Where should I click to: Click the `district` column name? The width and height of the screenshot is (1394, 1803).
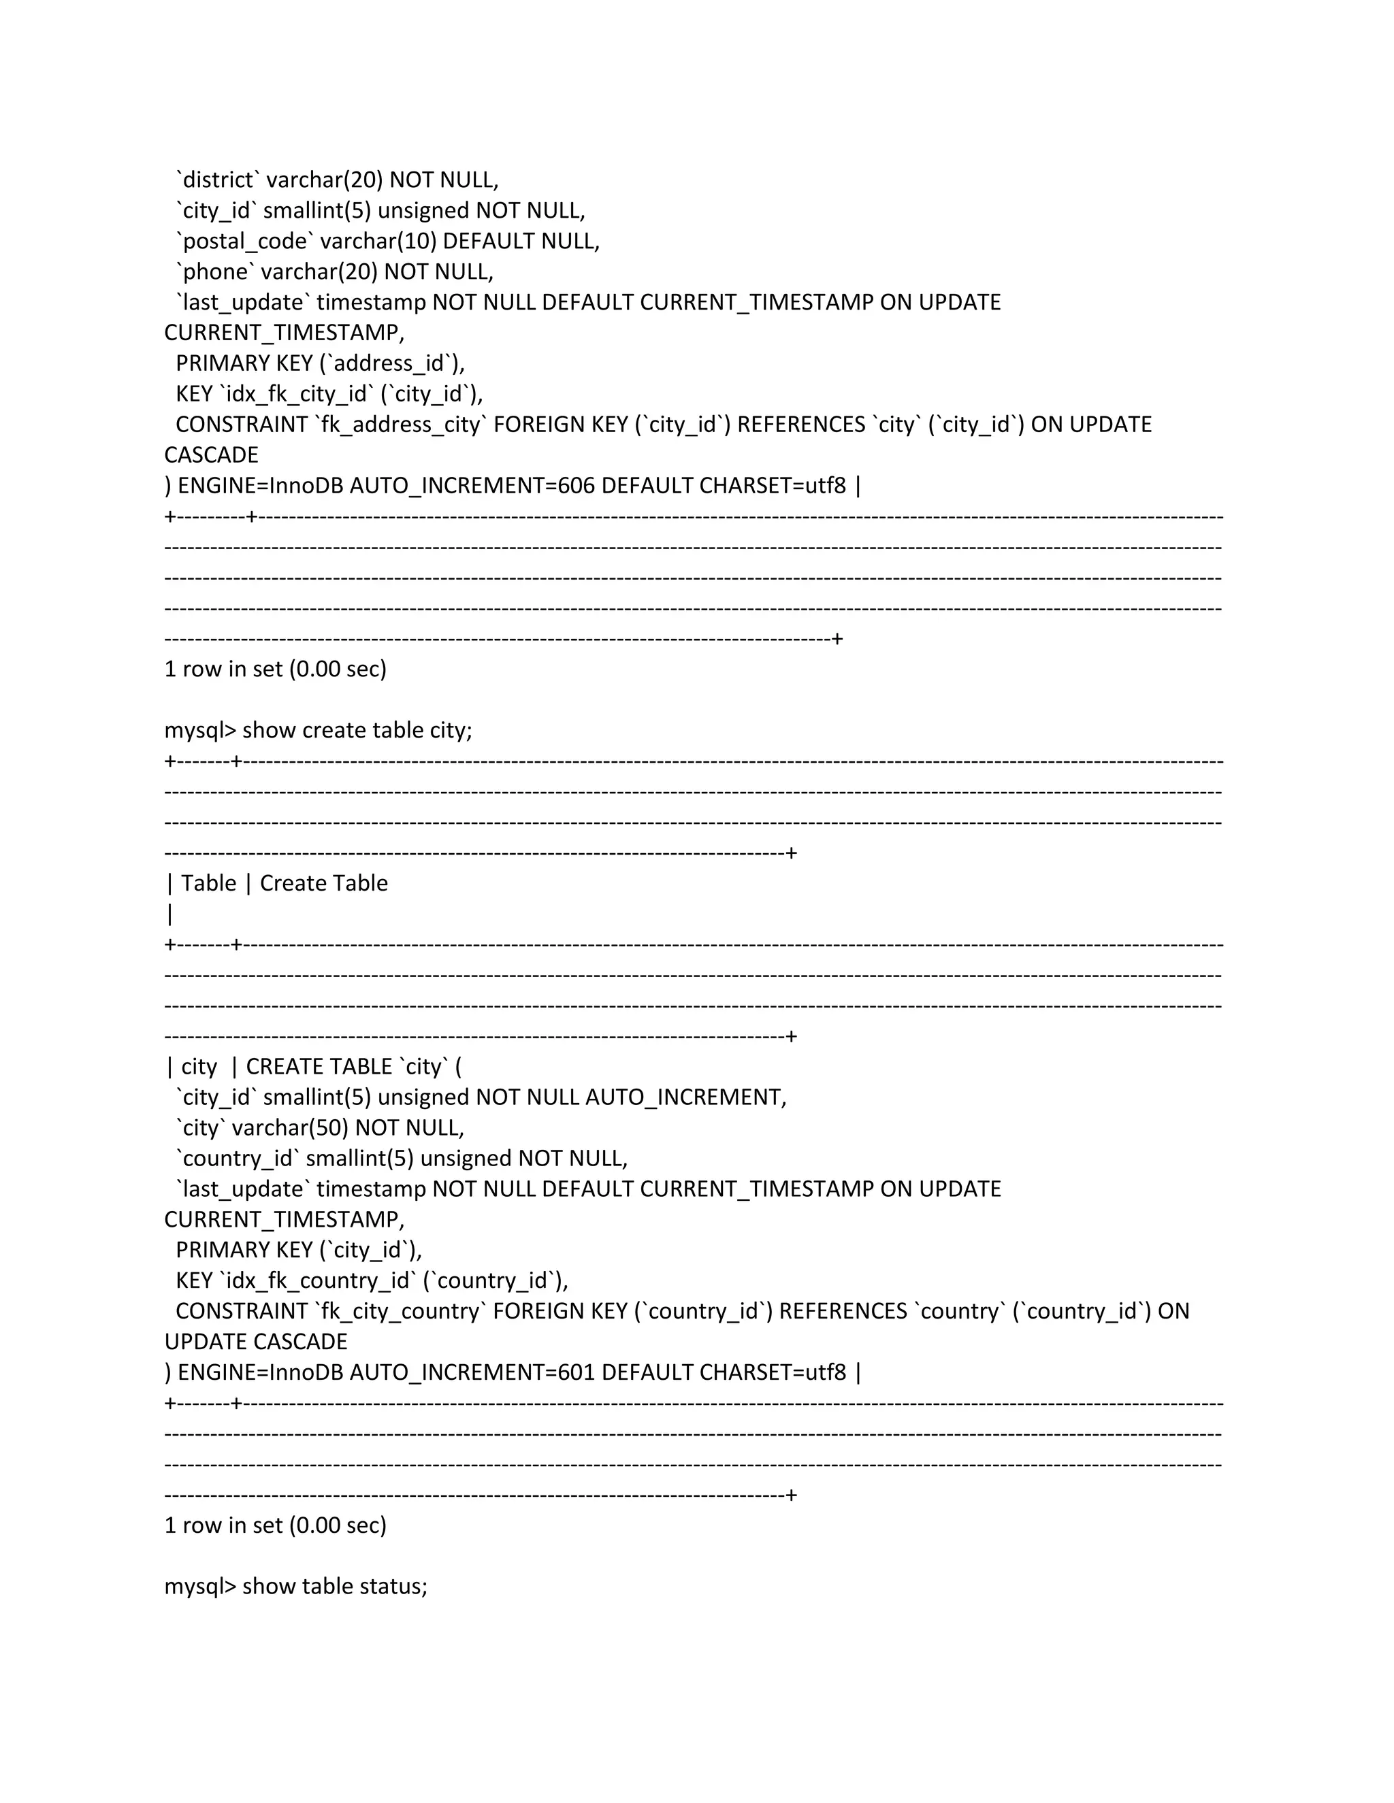coord(218,180)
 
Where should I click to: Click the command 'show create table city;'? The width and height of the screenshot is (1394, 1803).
coord(357,731)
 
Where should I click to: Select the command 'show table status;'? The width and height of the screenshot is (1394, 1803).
coord(334,1587)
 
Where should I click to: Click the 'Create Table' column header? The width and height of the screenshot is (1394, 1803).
coord(324,883)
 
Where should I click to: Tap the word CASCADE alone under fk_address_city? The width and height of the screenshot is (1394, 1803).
coord(212,455)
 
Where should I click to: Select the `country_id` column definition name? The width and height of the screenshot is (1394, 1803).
coord(237,1158)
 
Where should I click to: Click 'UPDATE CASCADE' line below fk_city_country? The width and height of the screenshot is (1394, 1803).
coord(256,1342)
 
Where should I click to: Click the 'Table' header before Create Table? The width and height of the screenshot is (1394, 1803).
coord(208,883)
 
